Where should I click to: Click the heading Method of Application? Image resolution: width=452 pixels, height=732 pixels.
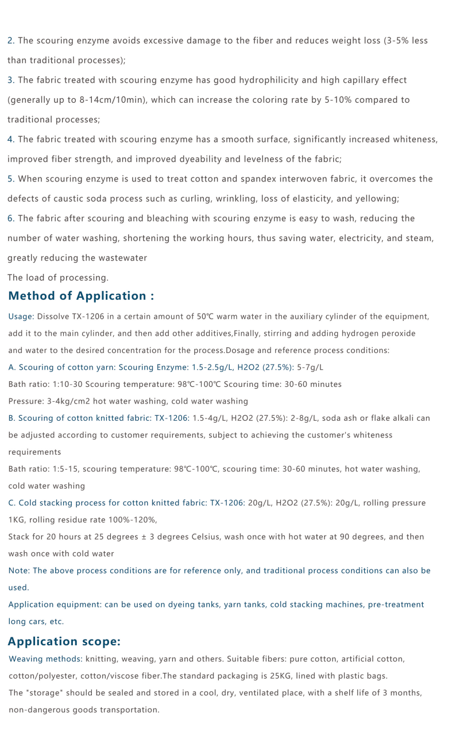(81, 296)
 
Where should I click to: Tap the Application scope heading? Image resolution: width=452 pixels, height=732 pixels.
(64, 642)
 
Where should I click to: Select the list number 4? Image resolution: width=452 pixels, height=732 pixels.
(10, 140)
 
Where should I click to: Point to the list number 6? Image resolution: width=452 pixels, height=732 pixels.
(10, 219)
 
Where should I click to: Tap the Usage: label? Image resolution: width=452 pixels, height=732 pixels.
(21, 317)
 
